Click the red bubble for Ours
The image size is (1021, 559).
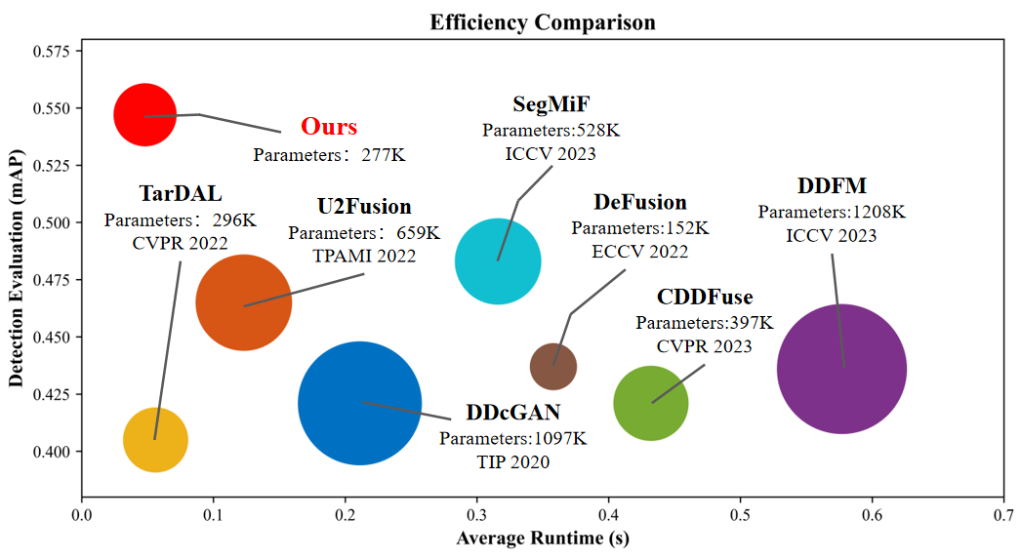(x=144, y=115)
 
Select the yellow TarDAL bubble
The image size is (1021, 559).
(x=155, y=441)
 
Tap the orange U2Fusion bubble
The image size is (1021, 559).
(x=243, y=302)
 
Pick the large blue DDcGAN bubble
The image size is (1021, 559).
(x=359, y=403)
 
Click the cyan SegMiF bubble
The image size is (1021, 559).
(x=498, y=261)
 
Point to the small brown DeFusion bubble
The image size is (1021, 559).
(x=553, y=367)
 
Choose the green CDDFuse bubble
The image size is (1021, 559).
(x=651, y=403)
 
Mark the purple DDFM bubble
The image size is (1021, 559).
(x=841, y=369)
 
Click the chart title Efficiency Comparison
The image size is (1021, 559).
(x=543, y=22)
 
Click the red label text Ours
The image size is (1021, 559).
(x=329, y=127)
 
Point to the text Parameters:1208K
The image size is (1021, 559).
(x=832, y=212)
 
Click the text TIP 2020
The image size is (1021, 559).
(x=512, y=461)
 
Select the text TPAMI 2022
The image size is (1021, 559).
(x=364, y=256)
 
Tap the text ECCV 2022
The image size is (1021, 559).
(x=639, y=252)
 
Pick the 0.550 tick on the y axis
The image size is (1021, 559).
(x=57, y=108)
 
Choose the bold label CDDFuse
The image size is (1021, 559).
(x=705, y=298)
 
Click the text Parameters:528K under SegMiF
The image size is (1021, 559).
(x=551, y=130)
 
